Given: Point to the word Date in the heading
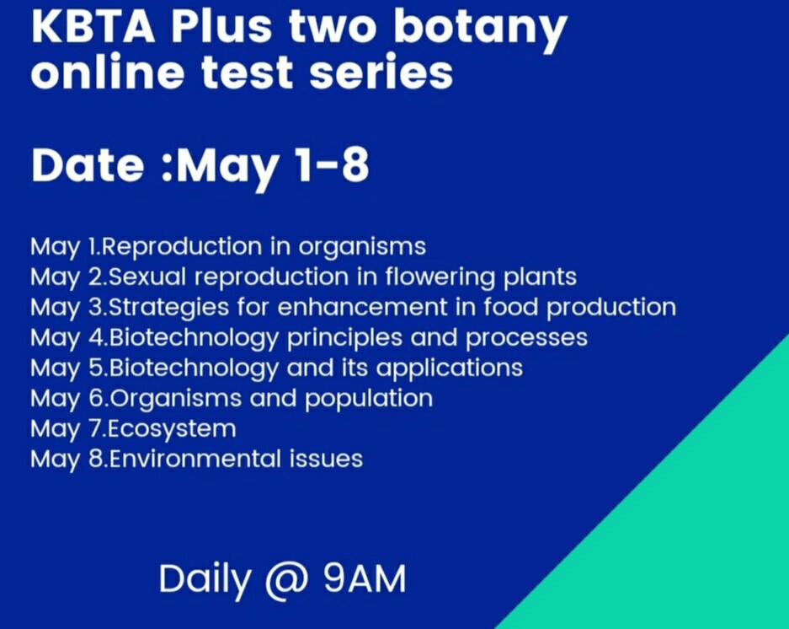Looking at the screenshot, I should tap(87, 165).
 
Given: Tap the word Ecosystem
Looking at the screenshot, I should tap(173, 428).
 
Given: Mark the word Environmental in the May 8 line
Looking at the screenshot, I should tap(196, 459).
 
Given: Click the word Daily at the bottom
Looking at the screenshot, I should tap(205, 580).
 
